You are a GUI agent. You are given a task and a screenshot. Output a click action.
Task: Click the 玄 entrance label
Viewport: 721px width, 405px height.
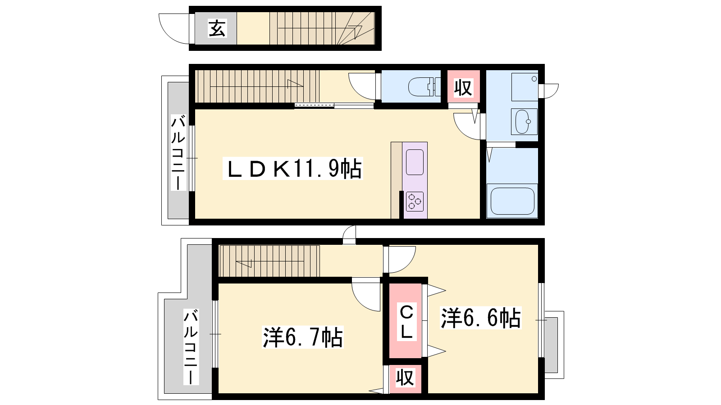[x=217, y=28]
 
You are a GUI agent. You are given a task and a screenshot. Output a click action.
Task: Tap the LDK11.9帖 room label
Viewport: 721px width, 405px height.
[x=293, y=168]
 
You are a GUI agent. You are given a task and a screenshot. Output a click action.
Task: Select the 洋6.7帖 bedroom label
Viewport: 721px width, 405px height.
[x=302, y=337]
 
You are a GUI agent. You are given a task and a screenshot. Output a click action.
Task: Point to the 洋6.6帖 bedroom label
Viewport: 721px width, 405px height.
[x=480, y=318]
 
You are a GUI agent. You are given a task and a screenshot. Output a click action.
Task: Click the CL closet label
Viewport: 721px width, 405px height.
[x=406, y=322]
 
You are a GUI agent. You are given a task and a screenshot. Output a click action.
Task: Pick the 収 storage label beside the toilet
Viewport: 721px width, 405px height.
[x=463, y=87]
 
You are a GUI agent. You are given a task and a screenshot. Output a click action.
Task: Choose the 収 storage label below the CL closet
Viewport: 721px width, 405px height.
[x=405, y=378]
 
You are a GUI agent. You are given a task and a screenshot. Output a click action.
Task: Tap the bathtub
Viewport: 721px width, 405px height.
[x=512, y=201]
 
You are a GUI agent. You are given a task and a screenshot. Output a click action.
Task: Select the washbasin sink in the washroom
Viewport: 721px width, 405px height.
[x=524, y=121]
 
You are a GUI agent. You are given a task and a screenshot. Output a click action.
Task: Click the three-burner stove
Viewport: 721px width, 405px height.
[x=415, y=202]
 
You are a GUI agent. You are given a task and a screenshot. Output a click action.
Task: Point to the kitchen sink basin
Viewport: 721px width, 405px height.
[x=415, y=162]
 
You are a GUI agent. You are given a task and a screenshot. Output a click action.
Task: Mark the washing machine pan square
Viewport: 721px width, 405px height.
[x=525, y=87]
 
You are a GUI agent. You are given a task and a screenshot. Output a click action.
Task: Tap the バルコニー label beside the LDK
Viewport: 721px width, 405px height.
[x=178, y=153]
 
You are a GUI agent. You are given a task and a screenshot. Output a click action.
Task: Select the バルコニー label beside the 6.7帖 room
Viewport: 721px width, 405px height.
[x=191, y=347]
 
